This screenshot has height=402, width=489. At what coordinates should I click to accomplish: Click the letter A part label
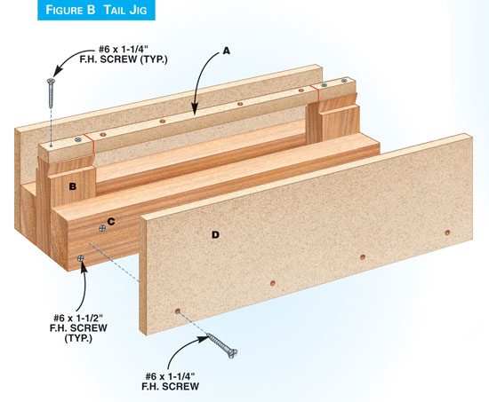click(x=227, y=51)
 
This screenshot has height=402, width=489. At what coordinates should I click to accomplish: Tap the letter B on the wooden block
click(x=72, y=186)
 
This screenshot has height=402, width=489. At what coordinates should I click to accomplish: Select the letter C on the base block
click(x=111, y=221)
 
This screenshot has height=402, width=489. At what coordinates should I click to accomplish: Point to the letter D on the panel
click(x=215, y=235)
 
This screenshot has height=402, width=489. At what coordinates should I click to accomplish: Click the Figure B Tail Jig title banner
click(x=96, y=10)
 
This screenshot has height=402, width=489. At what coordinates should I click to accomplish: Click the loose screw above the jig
click(x=51, y=93)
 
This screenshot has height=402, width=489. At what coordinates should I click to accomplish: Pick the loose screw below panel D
click(x=222, y=346)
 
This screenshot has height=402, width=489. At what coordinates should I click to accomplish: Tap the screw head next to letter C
click(x=102, y=229)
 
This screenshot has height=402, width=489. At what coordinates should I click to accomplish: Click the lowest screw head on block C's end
click(x=81, y=258)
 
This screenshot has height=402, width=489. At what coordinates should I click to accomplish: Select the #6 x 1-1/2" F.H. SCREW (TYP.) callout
click(x=78, y=327)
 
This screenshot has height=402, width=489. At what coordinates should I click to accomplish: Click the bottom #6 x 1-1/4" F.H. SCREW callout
click(x=171, y=381)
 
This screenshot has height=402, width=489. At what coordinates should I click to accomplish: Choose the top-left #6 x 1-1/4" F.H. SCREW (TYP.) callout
click(x=124, y=54)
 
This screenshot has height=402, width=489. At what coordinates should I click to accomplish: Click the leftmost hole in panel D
click(x=178, y=311)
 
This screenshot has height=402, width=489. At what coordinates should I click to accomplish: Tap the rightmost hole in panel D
click(x=447, y=233)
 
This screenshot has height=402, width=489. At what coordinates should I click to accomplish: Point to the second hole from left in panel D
click(x=273, y=283)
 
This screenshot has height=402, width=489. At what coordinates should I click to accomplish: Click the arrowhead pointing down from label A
click(x=195, y=110)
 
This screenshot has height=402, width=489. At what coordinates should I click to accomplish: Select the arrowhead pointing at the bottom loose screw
click(x=203, y=339)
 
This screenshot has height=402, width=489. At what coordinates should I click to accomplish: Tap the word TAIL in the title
click(x=115, y=10)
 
